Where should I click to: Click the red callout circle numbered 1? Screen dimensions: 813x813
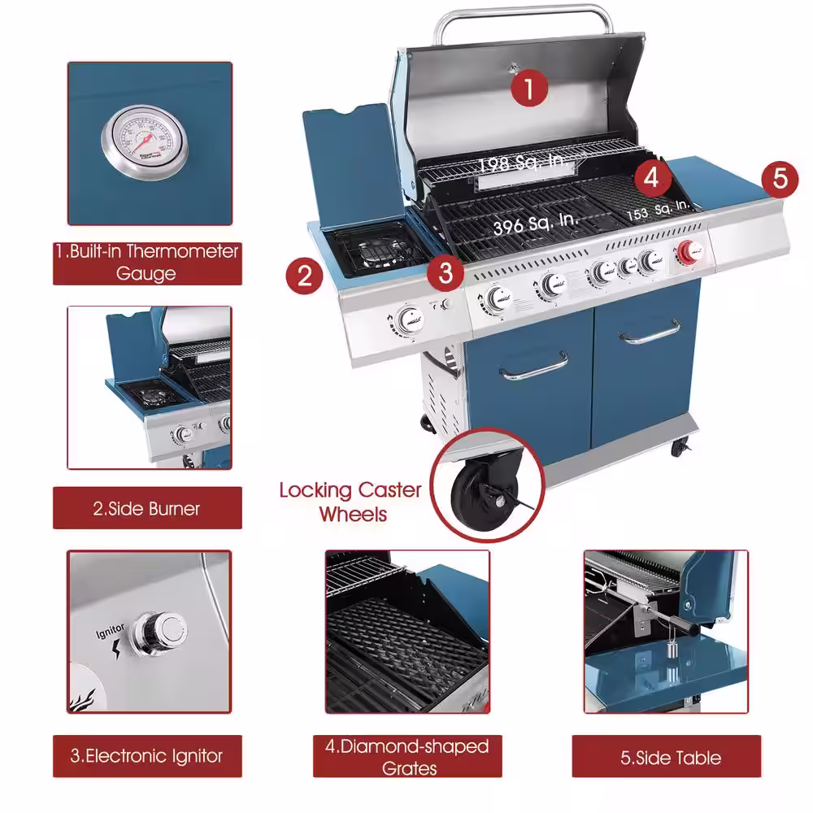coord(528,87)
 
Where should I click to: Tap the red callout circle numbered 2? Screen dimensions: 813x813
coord(304,276)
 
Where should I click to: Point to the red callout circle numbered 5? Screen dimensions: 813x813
coord(780,178)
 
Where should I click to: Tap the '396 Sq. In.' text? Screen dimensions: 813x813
coord(535,222)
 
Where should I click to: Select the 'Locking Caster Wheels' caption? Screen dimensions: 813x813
coord(350,502)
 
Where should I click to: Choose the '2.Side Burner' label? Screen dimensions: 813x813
coord(147,509)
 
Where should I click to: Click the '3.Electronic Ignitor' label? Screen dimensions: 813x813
coord(147,756)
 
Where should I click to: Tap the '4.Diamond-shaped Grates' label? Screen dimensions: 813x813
coord(407,756)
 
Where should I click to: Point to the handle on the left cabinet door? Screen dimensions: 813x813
coord(534,367)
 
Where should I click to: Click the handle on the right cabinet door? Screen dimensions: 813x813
coord(650,332)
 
